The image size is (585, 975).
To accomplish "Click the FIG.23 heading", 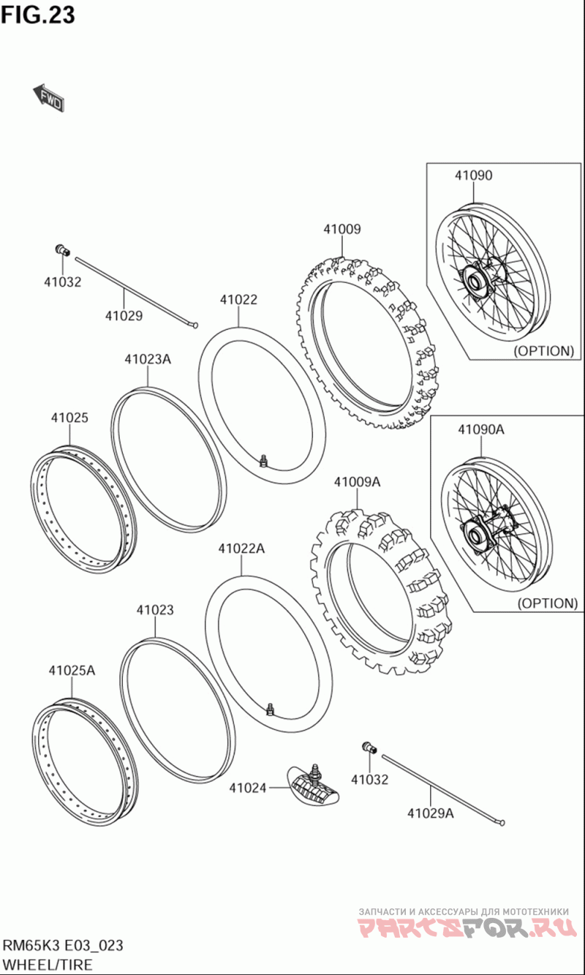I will coord(38,15).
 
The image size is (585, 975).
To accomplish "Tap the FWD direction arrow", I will coord(49,99).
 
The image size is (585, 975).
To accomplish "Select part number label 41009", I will coord(342,229).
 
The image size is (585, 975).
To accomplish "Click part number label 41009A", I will coord(357,482).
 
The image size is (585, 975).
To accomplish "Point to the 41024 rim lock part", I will coord(314,787).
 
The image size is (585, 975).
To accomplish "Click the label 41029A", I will coord(430,813).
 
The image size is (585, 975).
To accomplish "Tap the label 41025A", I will coord(72,670).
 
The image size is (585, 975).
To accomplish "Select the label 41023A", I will coord(147,359).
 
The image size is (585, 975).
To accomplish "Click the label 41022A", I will coord(241,548).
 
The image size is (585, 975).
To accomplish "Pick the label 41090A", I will coord(481,429).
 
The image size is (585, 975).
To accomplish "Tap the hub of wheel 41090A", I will coord(477,531).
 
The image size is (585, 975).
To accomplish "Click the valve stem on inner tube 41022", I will coord(263,459).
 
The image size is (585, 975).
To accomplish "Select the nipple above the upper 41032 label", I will coord(62,251).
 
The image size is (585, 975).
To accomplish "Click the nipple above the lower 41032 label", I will coord(368,747).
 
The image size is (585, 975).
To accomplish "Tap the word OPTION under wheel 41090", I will coord(543,350).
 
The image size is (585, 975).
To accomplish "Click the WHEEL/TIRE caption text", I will coord(48,964).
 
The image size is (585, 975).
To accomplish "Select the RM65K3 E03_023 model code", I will coord(62,945).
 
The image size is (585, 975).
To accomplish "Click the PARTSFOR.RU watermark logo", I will coord(464,928).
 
